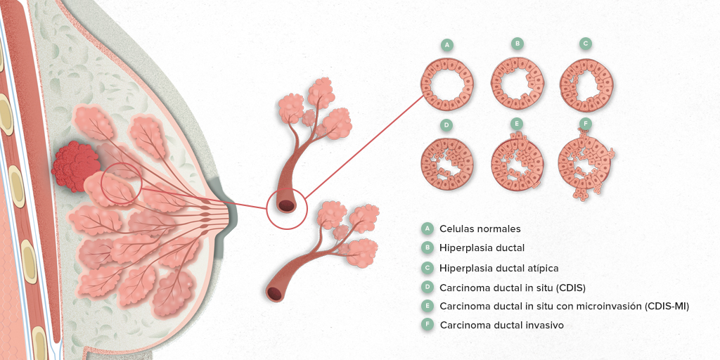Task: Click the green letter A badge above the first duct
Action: pyautogui.click(x=446, y=44)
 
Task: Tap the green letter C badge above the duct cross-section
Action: pyautogui.click(x=585, y=44)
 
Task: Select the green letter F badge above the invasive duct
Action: pyautogui.click(x=586, y=124)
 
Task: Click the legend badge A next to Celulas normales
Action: pyautogui.click(x=427, y=229)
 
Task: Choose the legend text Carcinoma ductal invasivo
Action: pyautogui.click(x=501, y=325)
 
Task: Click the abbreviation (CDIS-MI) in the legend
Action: pyautogui.click(x=667, y=306)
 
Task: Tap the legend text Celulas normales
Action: pyautogui.click(x=480, y=229)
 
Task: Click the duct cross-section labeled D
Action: pyautogui.click(x=446, y=164)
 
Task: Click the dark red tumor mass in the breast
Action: pyautogui.click(x=75, y=166)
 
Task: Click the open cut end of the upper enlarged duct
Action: pyautogui.click(x=286, y=206)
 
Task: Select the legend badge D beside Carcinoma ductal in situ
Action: pyautogui.click(x=427, y=288)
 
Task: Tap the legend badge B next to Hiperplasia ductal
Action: pyautogui.click(x=427, y=248)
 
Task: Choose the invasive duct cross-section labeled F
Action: pyautogui.click(x=586, y=164)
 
